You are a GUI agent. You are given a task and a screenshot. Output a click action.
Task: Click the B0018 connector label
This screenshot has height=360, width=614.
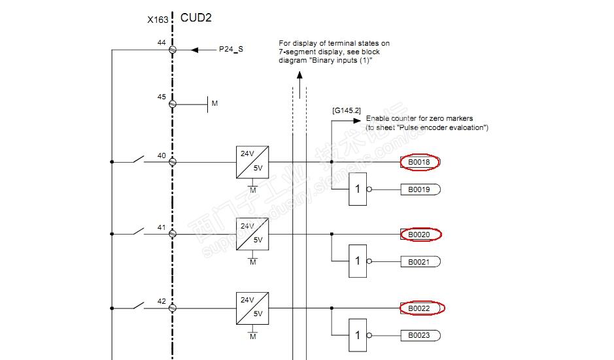point(420,162)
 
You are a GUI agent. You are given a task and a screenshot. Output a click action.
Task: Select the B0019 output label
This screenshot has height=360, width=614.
point(420,189)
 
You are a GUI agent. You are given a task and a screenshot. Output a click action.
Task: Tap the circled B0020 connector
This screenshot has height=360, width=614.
point(419,234)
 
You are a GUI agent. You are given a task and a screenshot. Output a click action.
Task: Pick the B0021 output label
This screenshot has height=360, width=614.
point(420,261)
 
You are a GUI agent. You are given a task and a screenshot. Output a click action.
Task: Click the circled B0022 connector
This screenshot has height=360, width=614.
point(419,308)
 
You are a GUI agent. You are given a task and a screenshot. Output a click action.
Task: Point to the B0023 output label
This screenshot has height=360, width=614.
point(420,335)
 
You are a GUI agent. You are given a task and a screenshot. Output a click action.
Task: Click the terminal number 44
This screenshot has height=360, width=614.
point(162,42)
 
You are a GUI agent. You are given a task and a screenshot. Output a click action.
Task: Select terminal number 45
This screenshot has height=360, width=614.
point(162,97)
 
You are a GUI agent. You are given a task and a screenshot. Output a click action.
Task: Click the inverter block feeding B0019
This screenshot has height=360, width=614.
point(358,189)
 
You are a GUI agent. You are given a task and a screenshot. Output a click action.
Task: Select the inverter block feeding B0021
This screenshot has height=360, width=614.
point(358,261)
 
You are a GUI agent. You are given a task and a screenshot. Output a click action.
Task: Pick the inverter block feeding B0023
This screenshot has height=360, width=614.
point(358,335)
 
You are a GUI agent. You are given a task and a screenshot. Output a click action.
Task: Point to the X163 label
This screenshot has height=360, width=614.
point(158,20)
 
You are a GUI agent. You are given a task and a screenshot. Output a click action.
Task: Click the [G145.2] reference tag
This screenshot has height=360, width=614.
point(347,110)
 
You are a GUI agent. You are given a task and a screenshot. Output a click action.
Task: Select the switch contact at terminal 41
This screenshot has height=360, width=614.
point(138,231)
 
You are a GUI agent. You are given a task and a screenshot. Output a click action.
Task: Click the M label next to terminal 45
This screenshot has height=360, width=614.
point(214,103)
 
